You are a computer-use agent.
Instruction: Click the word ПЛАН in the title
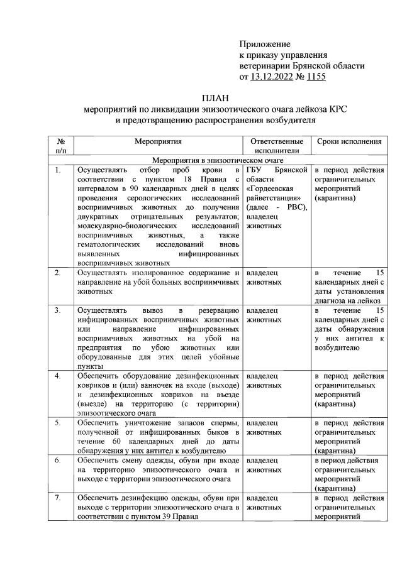pyautogui.click(x=216, y=98)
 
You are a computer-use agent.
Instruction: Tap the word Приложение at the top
pyautogui.click(x=265, y=44)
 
